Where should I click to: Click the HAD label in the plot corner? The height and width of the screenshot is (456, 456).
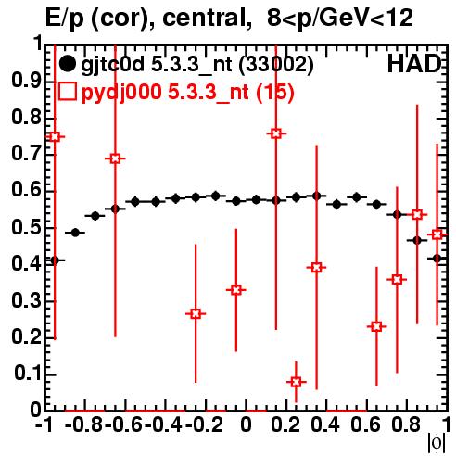coord(414,64)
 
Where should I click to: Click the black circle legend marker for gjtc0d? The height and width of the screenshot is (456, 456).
coord(67,64)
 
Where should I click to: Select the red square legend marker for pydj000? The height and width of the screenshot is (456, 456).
coord(67,92)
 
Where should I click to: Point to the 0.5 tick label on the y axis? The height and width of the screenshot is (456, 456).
coord(26,228)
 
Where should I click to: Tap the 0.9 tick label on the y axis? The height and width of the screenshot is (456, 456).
coord(26,82)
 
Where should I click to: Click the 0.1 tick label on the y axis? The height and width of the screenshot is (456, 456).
coord(27,374)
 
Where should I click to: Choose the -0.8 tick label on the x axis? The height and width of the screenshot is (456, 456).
coord(84,424)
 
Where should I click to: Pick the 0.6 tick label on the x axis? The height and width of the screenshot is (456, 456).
coord(366,424)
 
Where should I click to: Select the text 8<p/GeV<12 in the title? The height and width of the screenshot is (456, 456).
coord(340,19)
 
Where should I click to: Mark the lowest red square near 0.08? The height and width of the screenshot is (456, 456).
coord(296,382)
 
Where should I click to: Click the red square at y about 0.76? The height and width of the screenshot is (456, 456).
coord(276,133)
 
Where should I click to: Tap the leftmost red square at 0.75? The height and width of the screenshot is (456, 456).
coord(55,137)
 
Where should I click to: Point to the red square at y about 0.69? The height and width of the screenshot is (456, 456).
coord(115,158)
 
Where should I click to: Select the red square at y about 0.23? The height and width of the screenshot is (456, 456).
coord(376,326)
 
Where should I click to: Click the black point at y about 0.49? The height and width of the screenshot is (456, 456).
coord(75,233)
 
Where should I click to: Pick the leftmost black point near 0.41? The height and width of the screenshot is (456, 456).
coord(55,260)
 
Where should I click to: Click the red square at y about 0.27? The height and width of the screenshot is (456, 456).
coord(196,314)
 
